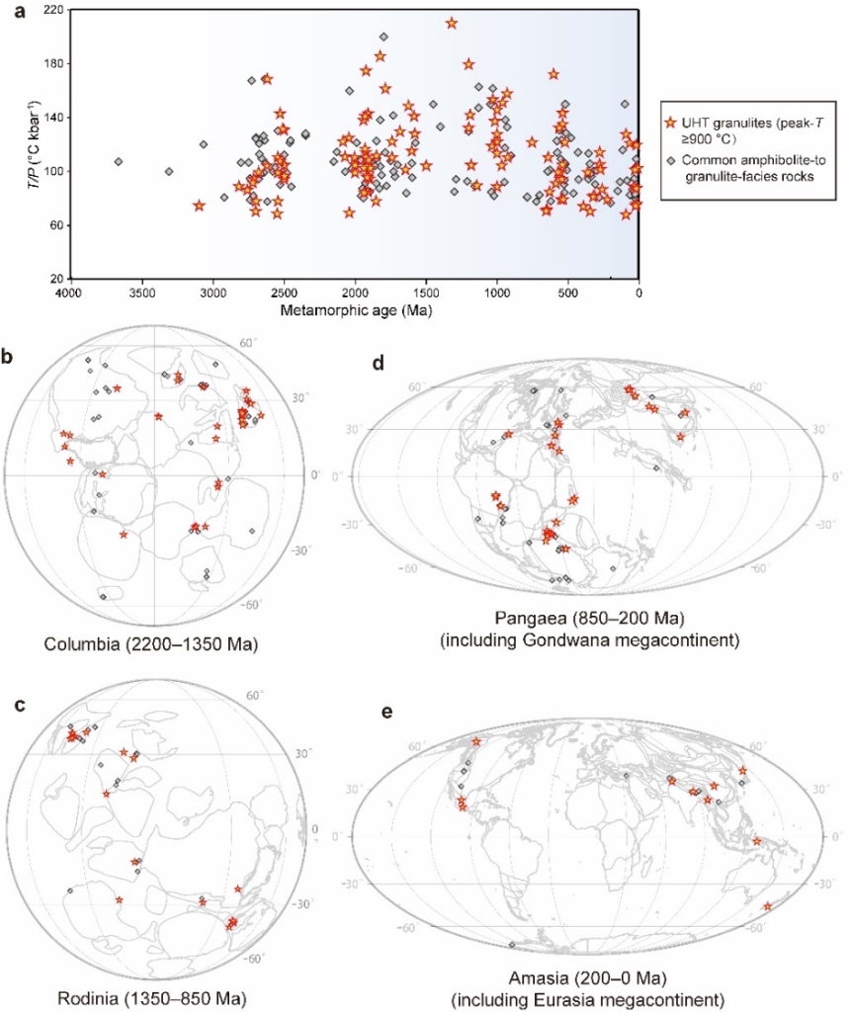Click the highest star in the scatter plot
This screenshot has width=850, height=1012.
pos(452,23)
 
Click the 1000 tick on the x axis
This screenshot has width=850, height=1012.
pos(497,295)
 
